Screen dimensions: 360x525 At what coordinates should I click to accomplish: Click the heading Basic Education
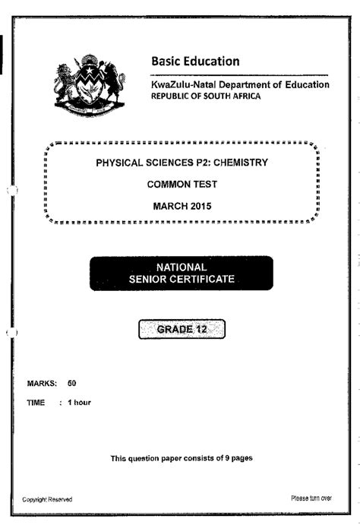coord(195,62)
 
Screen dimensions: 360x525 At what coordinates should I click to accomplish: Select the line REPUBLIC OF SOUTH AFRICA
coord(205,96)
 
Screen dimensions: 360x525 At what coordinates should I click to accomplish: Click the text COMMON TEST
coord(182,185)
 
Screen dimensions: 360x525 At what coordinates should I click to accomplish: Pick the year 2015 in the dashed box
coord(199,206)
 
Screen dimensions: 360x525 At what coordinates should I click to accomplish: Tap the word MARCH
coord(169,206)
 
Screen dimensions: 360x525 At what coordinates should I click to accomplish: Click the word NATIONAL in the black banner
coord(181,267)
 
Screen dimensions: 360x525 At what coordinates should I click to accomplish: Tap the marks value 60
coord(72,384)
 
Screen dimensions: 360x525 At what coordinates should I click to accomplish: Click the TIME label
coord(36,402)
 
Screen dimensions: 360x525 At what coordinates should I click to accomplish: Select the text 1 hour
coord(80,402)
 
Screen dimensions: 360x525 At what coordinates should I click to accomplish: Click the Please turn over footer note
coord(311,498)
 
